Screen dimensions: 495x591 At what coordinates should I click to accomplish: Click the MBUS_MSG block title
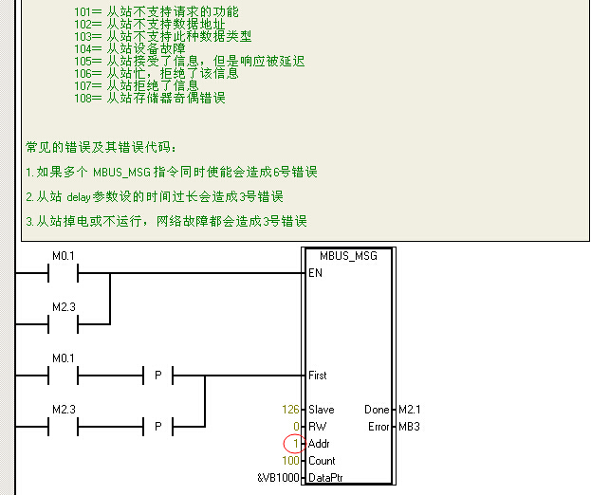(347, 256)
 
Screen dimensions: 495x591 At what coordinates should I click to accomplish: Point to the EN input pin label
(314, 273)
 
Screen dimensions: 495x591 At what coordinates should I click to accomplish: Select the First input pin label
(317, 376)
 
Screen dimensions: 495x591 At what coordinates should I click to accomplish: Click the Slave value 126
(290, 410)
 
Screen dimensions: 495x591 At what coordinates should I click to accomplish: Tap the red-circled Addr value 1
(295, 444)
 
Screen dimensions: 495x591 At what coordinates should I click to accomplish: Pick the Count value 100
(290, 461)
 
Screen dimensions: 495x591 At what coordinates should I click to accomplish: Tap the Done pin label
(376, 410)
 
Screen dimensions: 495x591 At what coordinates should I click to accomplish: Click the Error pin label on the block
(378, 427)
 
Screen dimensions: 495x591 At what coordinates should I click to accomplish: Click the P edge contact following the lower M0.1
(158, 376)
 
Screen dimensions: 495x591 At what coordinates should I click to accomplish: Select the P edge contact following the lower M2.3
(158, 427)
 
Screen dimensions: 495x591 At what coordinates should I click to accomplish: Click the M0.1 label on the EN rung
(63, 256)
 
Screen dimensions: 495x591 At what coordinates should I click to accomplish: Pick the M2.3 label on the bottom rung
(63, 410)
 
